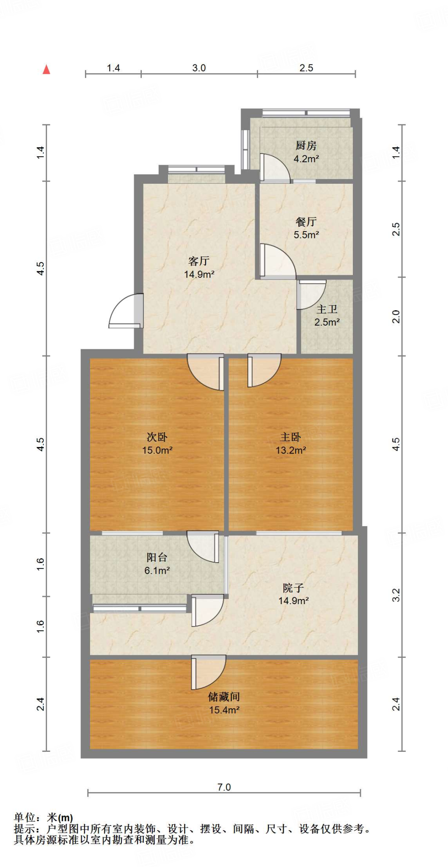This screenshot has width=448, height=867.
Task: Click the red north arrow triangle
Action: (47, 69)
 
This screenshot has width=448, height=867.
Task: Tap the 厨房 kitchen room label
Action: (306, 146)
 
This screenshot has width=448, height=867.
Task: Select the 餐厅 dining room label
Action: (306, 221)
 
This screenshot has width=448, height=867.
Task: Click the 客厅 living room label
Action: (199, 261)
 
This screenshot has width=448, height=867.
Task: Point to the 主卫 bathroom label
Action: (327, 309)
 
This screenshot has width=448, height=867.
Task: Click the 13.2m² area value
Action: (291, 450)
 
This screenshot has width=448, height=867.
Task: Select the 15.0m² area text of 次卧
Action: (157, 450)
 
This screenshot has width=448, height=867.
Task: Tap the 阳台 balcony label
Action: (157, 558)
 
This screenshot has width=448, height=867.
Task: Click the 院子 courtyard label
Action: (293, 588)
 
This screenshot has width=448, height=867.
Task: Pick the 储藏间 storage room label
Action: (224, 697)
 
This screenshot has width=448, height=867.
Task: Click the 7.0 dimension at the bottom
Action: (224, 787)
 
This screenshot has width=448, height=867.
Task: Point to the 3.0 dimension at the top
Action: (199, 68)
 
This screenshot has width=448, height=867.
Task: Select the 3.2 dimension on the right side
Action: (396, 595)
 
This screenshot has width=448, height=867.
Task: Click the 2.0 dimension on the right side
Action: (396, 316)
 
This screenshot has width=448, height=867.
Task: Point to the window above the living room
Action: (196, 170)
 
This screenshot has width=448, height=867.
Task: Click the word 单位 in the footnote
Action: (25, 817)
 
